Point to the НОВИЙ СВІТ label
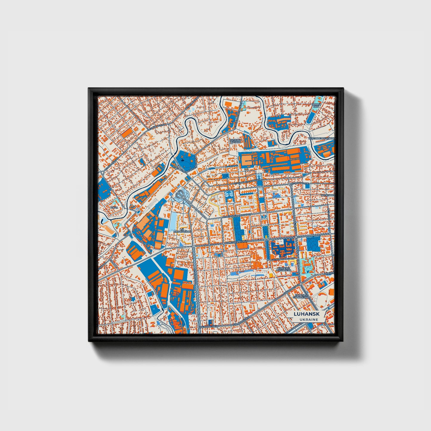(316, 106)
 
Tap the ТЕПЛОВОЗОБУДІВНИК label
(325, 139)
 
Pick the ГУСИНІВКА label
(328, 195)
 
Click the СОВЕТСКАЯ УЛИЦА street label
(238, 242)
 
